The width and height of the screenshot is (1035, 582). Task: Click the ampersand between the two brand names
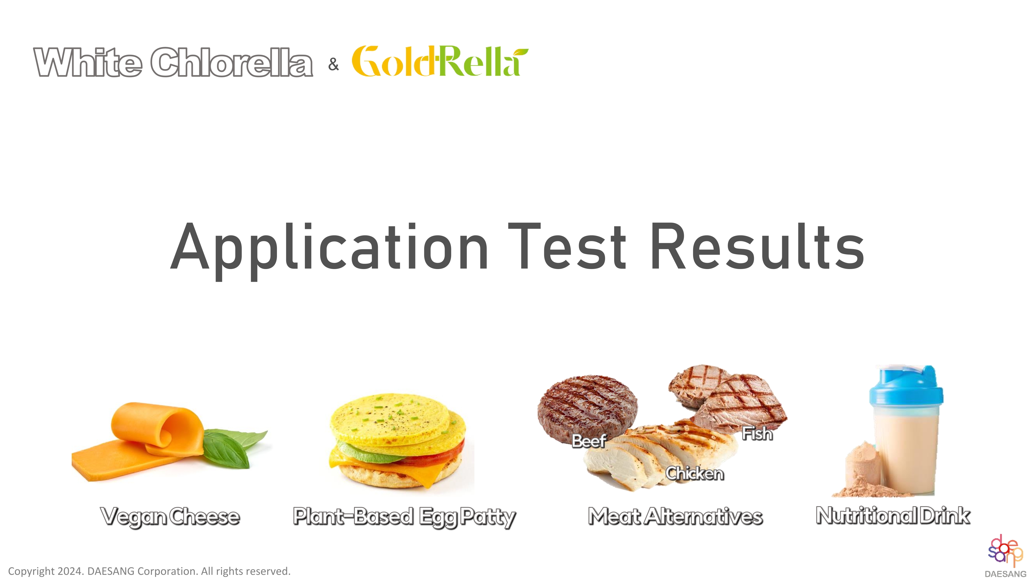point(333,64)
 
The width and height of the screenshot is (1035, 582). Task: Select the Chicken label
point(695,473)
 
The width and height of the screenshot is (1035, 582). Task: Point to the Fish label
point(757,433)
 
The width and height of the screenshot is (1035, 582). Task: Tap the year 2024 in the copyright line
point(70,571)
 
